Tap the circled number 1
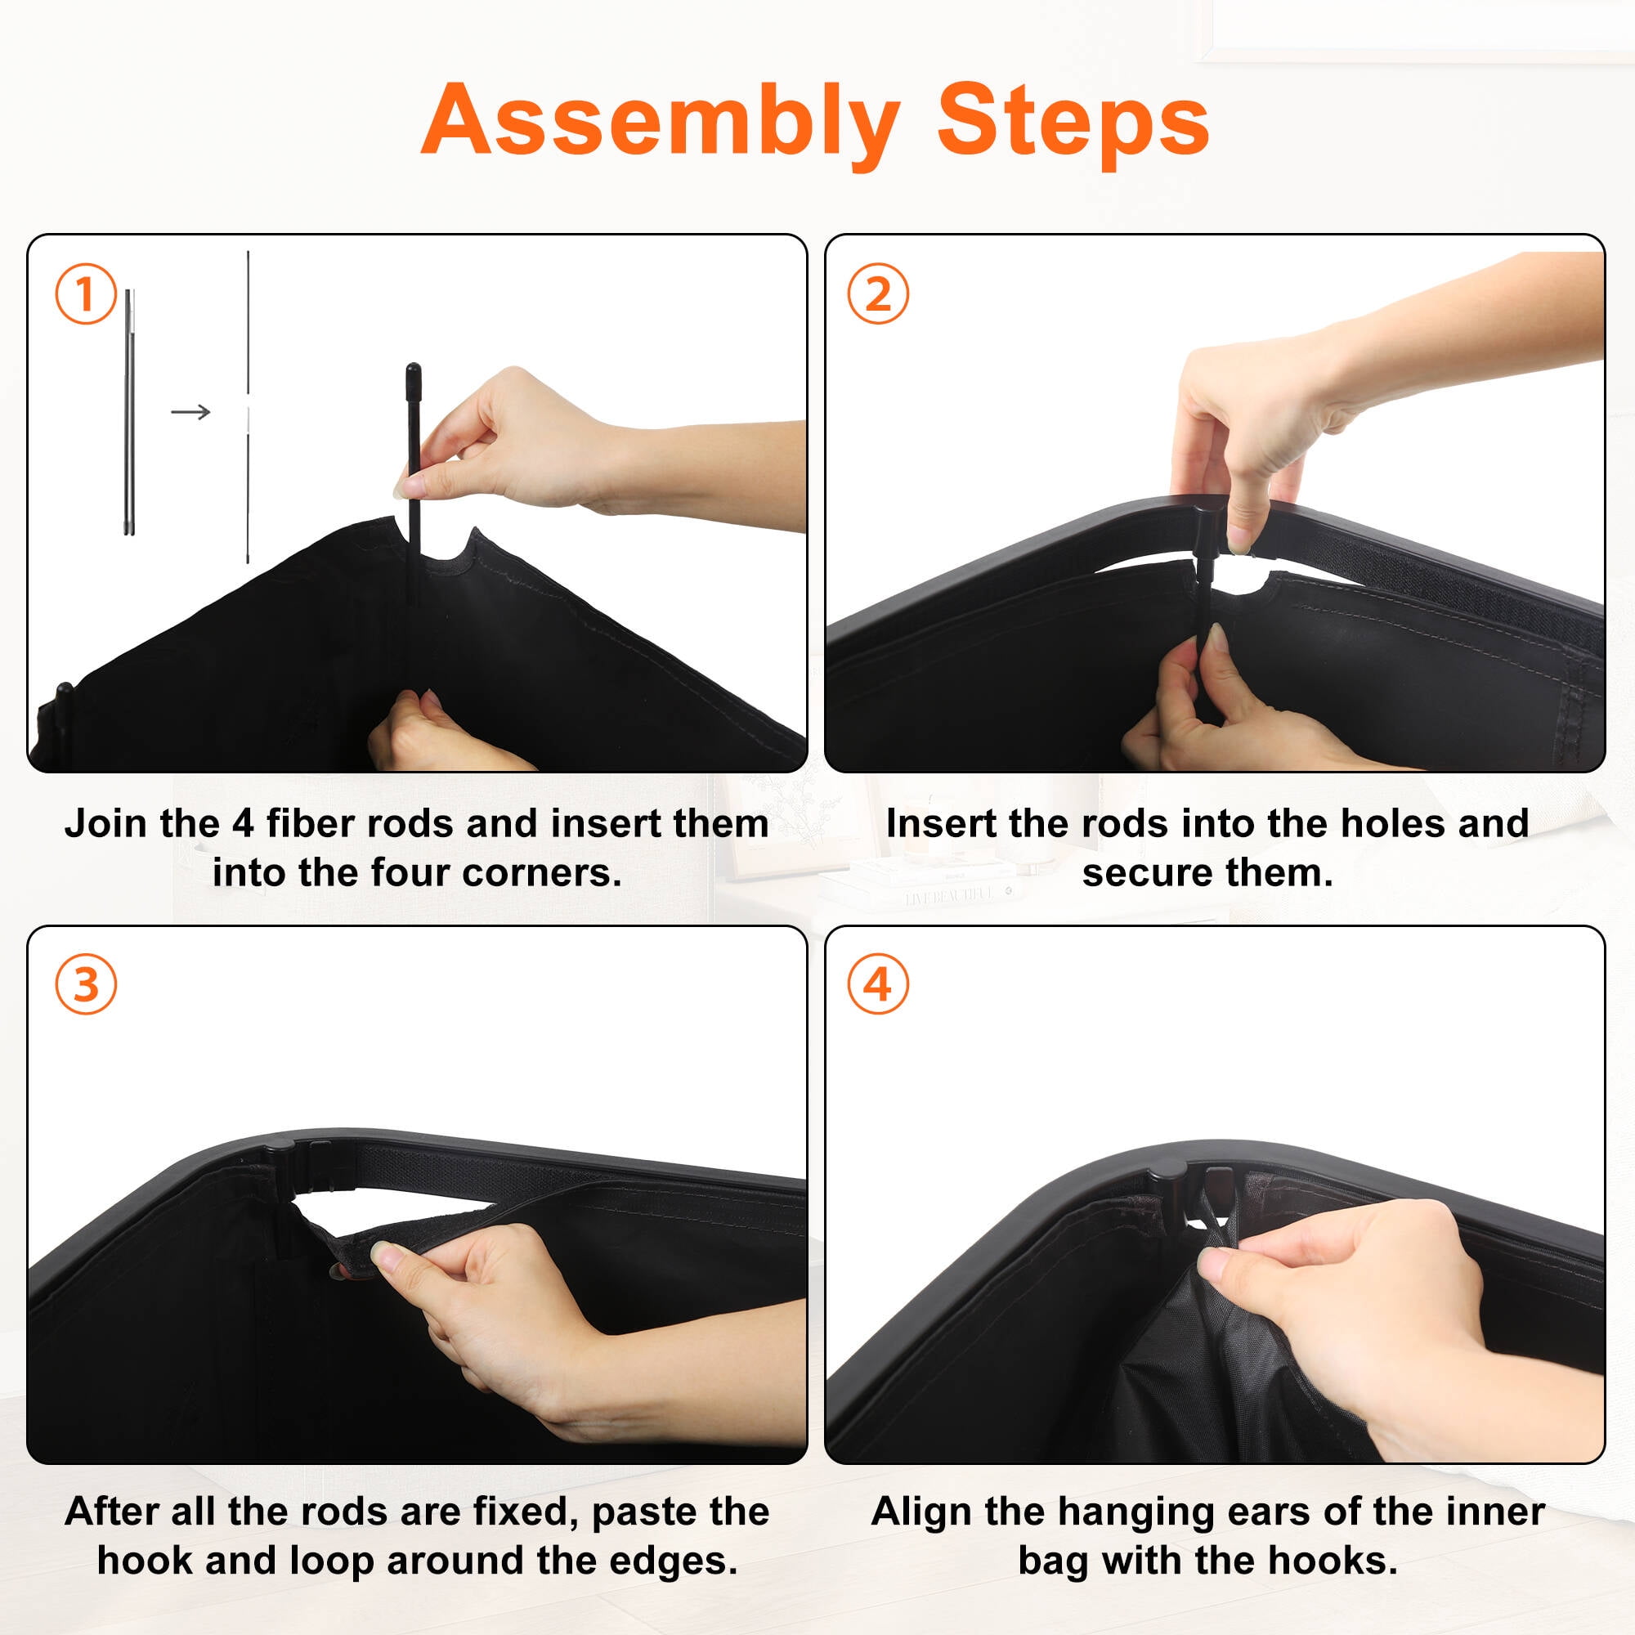tap(86, 293)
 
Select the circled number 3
tap(86, 984)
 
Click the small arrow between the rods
tap(190, 412)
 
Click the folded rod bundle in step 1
tap(129, 412)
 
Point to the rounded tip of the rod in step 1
tap(413, 369)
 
